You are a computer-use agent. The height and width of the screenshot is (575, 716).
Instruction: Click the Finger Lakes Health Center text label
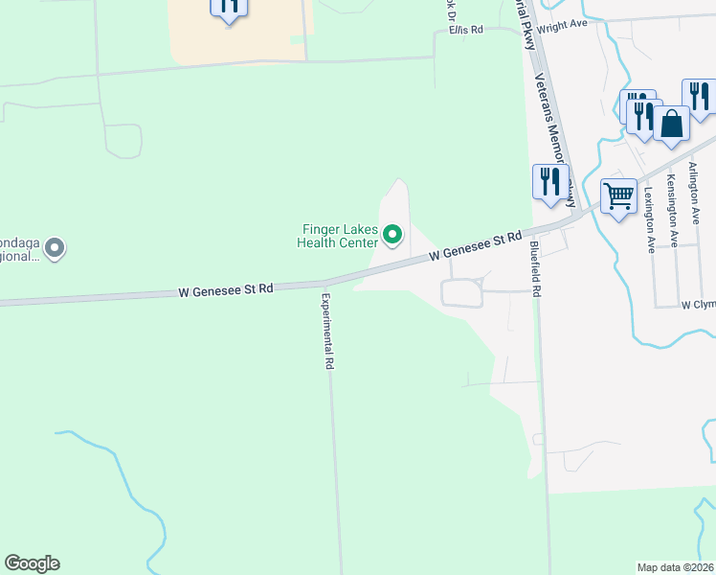coord(341,236)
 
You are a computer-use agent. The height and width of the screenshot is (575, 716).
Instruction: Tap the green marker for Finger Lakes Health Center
coord(392,233)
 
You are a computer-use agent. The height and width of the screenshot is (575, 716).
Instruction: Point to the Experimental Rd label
coord(327,332)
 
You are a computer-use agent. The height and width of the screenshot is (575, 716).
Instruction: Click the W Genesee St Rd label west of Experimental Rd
coord(226,288)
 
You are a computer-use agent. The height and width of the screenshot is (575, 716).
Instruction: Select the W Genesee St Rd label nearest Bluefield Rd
coord(475,246)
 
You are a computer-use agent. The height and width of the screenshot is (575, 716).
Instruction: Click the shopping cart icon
coord(618,196)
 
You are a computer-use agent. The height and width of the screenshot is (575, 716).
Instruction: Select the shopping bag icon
coord(672,124)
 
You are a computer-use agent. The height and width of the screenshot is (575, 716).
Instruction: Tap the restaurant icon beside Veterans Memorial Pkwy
coord(549,180)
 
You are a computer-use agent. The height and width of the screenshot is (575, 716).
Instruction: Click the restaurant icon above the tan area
coord(229,6)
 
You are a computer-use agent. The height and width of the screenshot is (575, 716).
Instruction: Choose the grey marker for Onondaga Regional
coord(55,249)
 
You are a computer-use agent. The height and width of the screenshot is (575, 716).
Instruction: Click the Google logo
coord(32,563)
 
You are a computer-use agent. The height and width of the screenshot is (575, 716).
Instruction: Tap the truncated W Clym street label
coord(698,305)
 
